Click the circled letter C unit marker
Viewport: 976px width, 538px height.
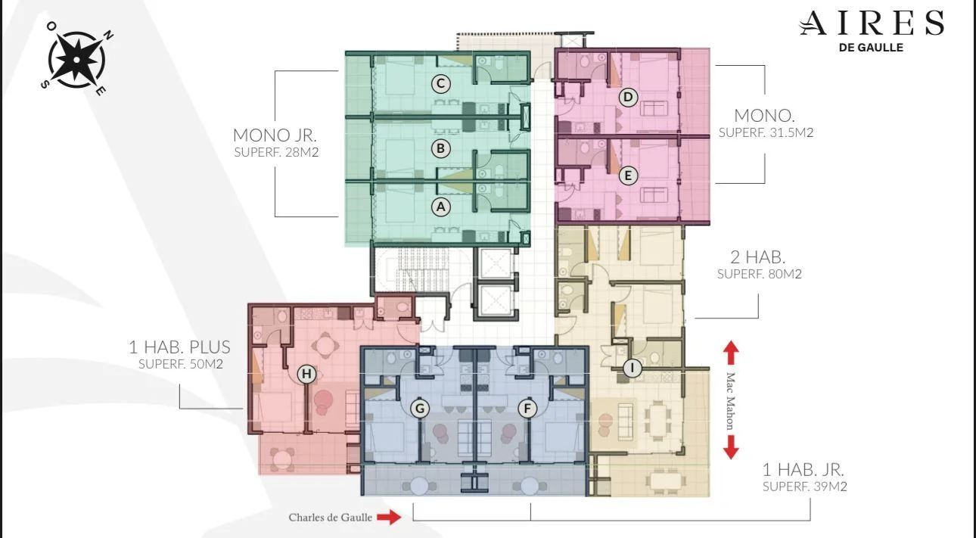(440, 83)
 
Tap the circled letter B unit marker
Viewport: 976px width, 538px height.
(440, 148)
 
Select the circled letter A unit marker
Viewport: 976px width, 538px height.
(440, 207)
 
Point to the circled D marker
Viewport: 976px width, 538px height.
(628, 97)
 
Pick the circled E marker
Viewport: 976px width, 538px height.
(628, 176)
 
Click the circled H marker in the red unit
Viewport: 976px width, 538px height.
(306, 374)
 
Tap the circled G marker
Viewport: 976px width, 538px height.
(420, 409)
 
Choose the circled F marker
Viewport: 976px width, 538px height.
(527, 409)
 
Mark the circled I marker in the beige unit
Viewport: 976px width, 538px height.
(633, 368)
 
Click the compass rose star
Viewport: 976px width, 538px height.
(76, 59)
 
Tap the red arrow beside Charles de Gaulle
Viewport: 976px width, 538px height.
(389, 517)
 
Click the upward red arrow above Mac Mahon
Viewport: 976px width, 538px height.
(731, 353)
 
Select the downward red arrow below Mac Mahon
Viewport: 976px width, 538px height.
(731, 447)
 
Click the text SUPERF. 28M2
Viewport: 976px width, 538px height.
(276, 152)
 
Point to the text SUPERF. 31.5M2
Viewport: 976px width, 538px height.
(766, 132)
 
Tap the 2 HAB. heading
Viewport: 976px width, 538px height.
(757, 257)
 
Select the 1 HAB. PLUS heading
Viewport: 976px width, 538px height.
(179, 347)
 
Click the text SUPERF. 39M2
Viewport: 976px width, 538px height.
(805, 486)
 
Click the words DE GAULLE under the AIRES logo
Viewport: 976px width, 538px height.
(871, 48)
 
